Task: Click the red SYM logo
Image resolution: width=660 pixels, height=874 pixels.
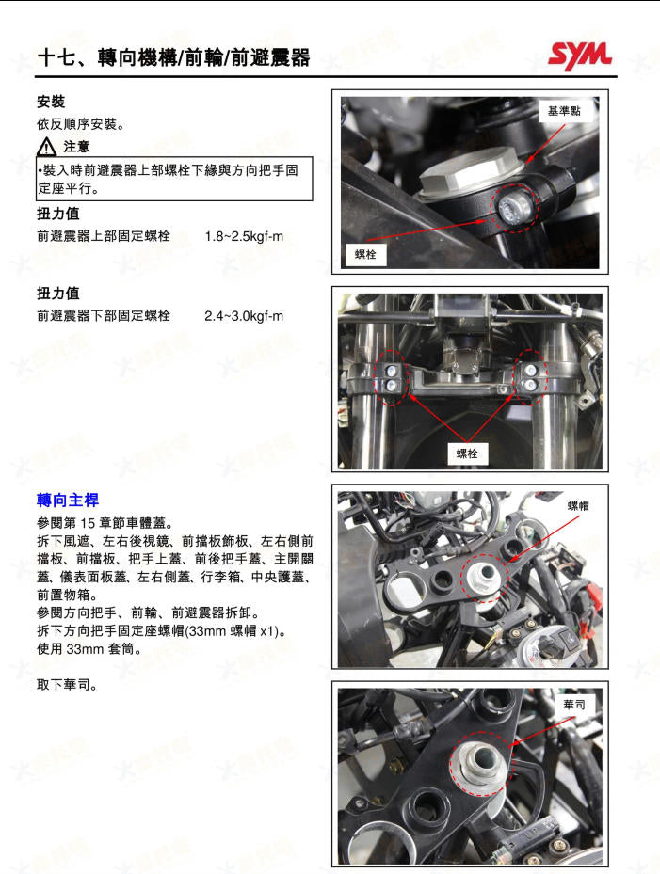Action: click(x=579, y=55)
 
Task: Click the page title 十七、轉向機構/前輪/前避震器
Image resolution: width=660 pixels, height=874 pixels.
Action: click(x=173, y=57)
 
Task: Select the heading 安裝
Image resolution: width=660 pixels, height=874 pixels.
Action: click(x=51, y=102)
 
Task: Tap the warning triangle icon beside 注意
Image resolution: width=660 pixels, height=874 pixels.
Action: click(x=47, y=147)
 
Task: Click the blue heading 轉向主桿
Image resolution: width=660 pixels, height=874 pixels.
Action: click(x=68, y=500)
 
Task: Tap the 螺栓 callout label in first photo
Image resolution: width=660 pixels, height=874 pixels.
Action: click(x=365, y=254)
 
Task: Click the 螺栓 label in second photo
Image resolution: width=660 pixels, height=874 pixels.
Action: click(x=466, y=453)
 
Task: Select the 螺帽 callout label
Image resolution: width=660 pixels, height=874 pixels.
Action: click(x=578, y=505)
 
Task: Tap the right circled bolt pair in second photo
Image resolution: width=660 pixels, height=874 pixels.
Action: click(x=532, y=377)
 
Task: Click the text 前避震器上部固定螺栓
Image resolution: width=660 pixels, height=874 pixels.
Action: click(x=104, y=236)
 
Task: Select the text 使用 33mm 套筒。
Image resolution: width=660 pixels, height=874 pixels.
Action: click(x=89, y=648)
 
